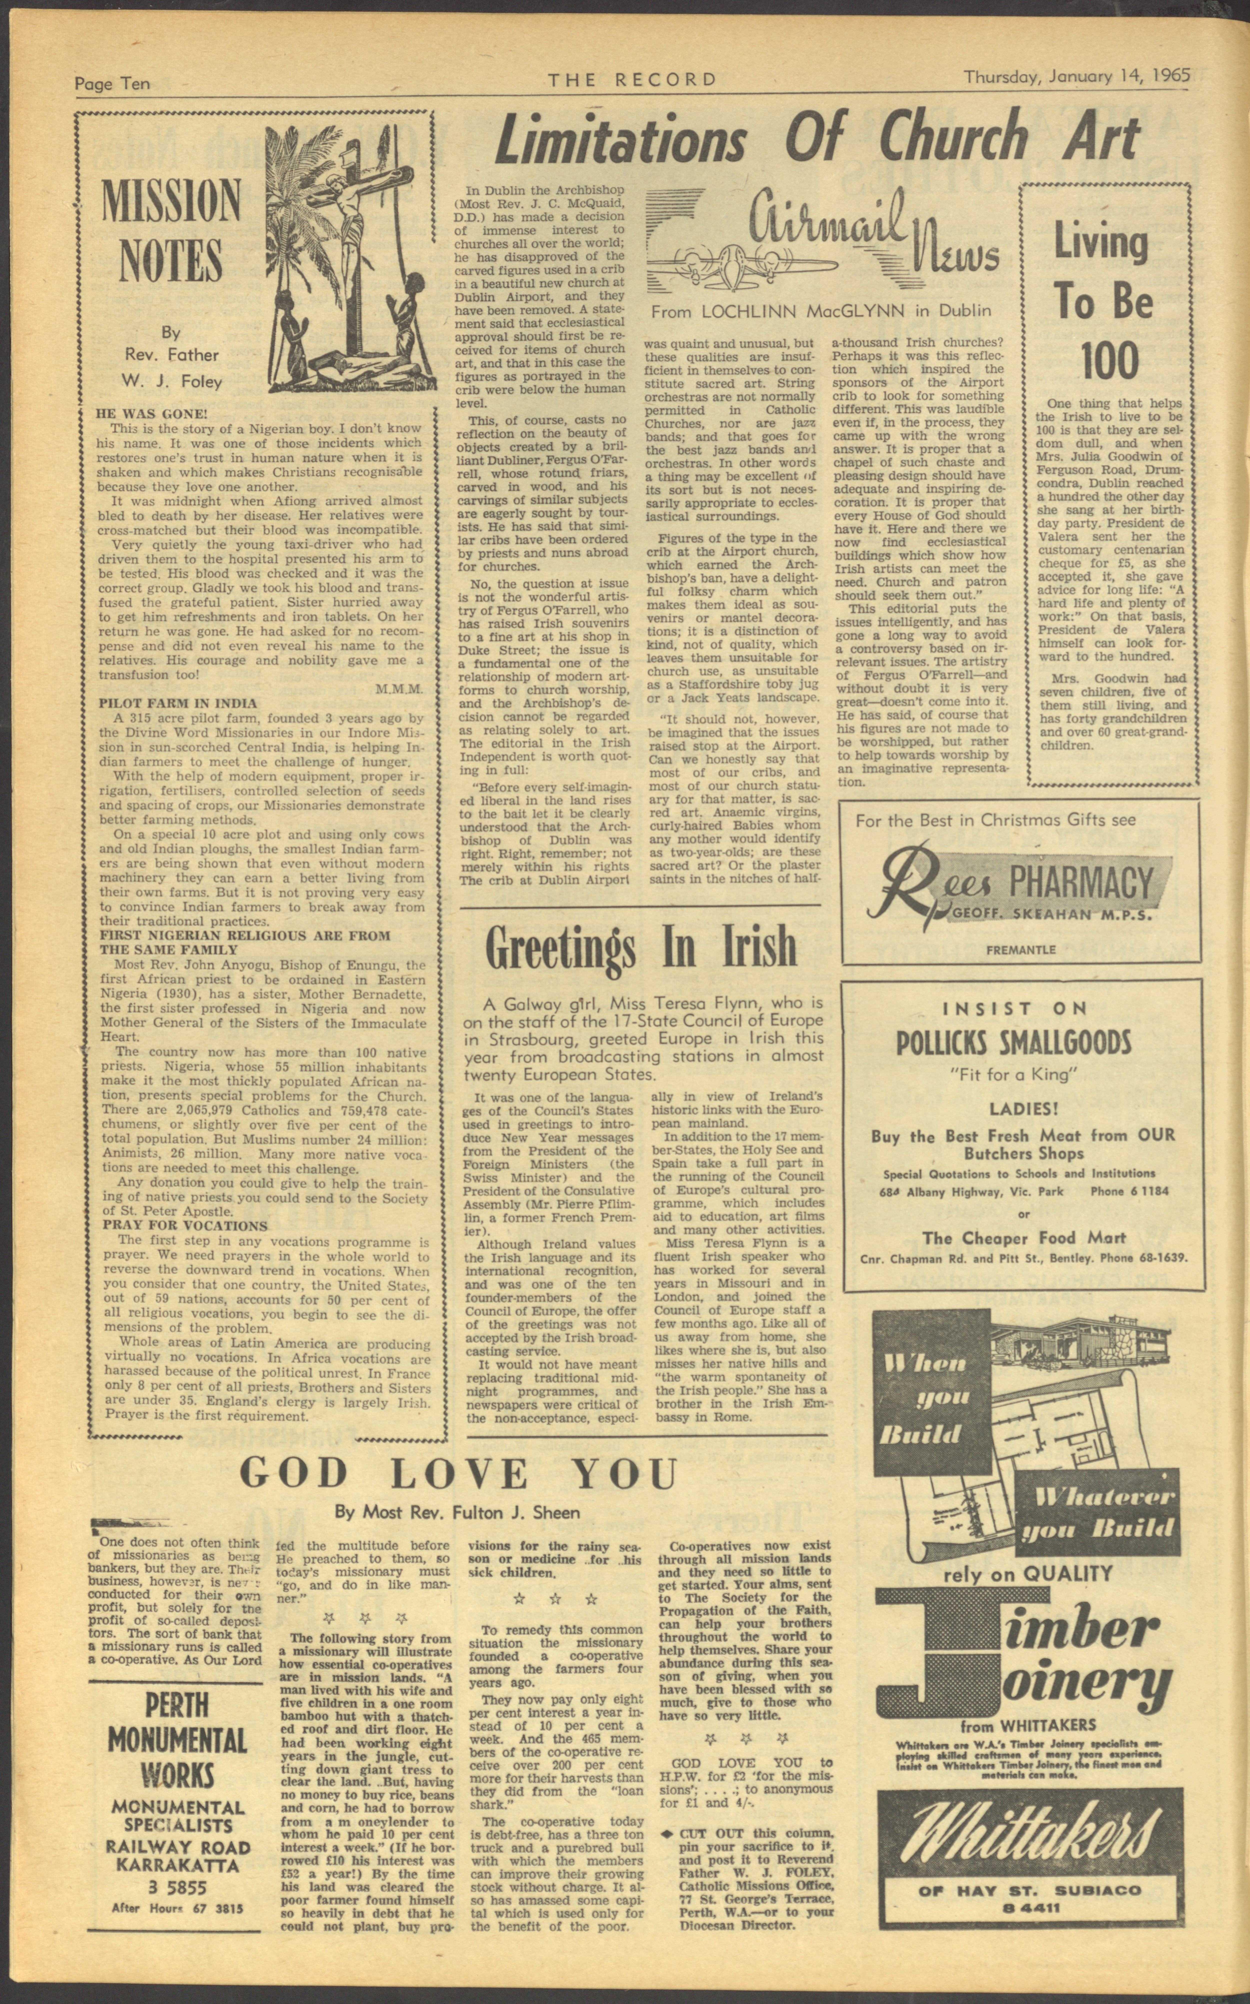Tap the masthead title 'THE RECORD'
(632, 79)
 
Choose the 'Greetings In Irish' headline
(641, 948)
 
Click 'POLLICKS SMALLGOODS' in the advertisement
(1013, 1043)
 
